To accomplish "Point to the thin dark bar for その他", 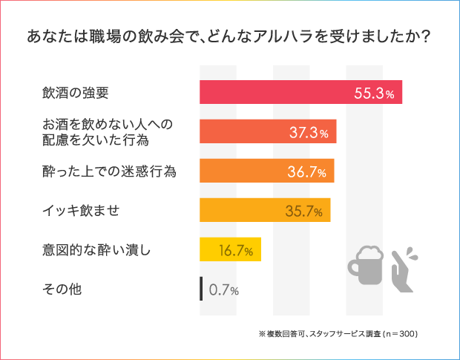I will pyautogui.click(x=201, y=289).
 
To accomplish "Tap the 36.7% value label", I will pyautogui.click(x=307, y=172).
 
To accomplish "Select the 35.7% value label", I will pyautogui.click(x=303, y=212).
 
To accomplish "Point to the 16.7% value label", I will pyautogui.click(x=235, y=251).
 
